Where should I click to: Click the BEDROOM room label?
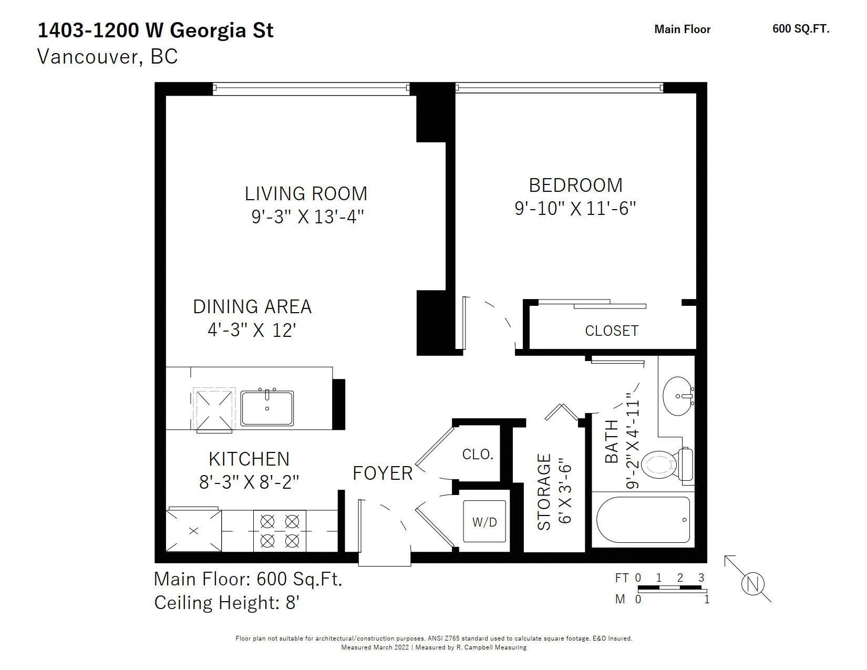tap(575, 185)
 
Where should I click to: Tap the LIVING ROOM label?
tap(306, 194)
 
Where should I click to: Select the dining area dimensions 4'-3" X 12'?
tap(252, 331)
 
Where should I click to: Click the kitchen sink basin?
tap(267, 408)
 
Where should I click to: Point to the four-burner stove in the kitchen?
tap(280, 531)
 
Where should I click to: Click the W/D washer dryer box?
tap(484, 521)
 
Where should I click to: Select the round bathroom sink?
tap(678, 396)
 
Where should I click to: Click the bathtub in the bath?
tap(643, 520)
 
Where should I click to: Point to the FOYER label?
tap(382, 473)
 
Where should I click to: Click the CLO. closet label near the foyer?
tap(478, 454)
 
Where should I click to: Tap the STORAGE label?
tap(544, 492)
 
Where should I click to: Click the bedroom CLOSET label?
tap(612, 331)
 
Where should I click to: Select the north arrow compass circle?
tap(752, 584)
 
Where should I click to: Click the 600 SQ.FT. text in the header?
tap(801, 29)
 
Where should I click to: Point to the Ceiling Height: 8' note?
tap(226, 603)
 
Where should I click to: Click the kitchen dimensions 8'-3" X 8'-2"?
tap(249, 482)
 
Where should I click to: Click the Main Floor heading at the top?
tap(682, 29)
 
